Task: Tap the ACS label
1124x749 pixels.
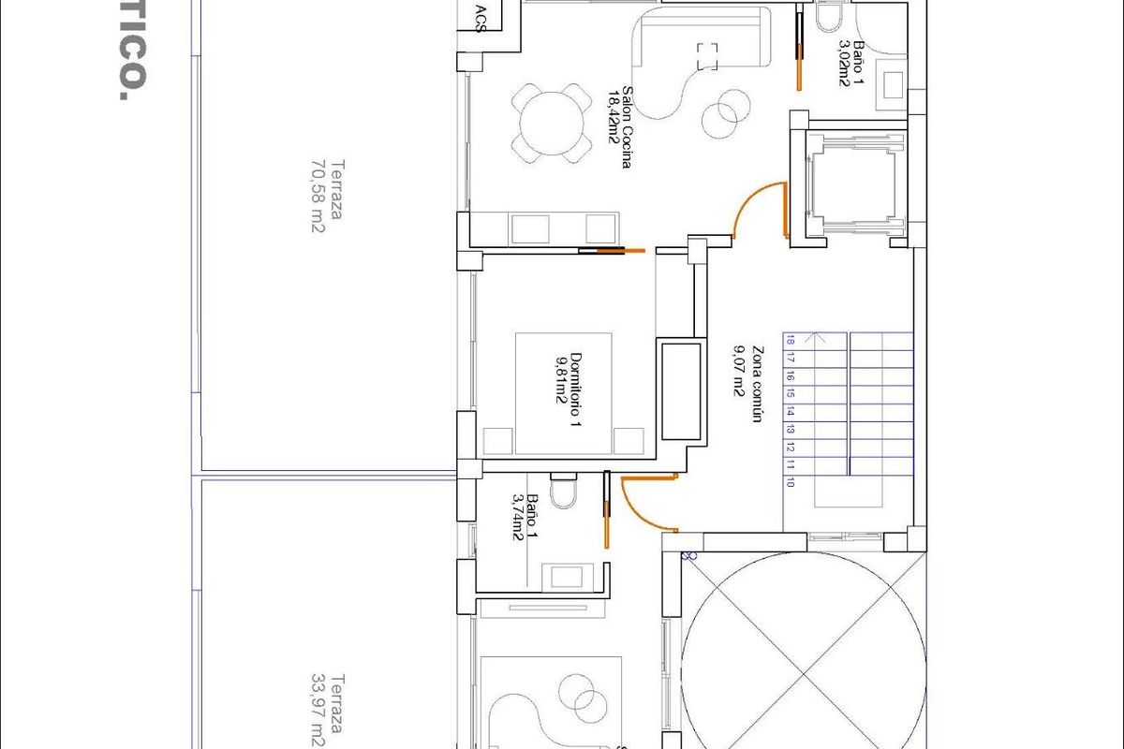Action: (481, 16)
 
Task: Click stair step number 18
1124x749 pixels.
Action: (791, 341)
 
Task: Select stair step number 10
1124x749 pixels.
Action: (791, 483)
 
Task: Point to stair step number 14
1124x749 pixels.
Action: (791, 412)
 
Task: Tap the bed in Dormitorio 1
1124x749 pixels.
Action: (563, 393)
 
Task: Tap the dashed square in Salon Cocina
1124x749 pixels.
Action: (707, 56)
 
